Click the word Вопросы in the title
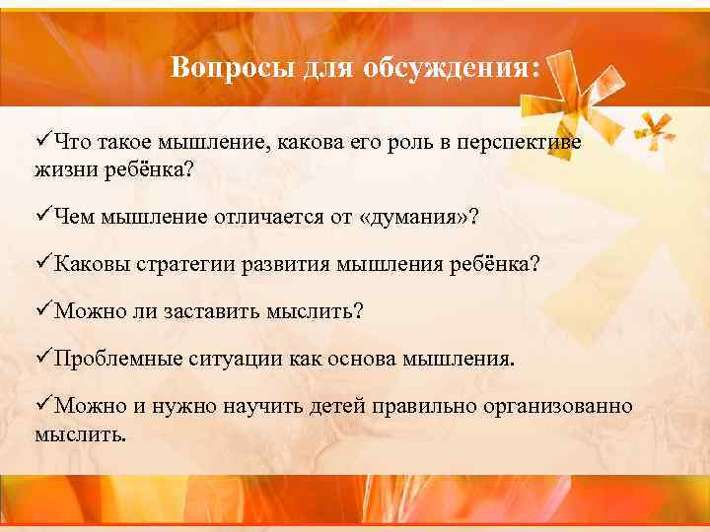click(x=214, y=68)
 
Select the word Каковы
click(x=88, y=264)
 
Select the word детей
click(x=336, y=406)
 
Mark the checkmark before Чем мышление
click(x=43, y=216)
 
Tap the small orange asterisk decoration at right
click(x=654, y=128)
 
